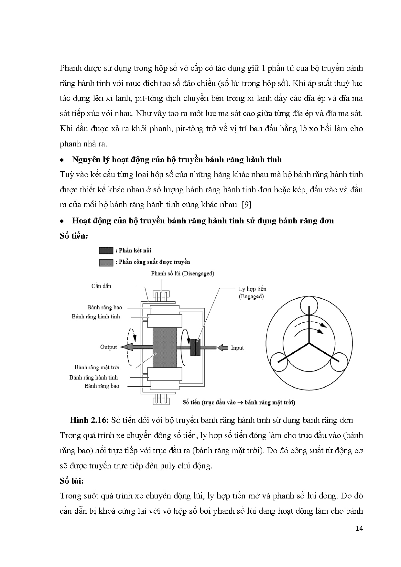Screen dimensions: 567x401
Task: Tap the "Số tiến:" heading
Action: tap(74, 236)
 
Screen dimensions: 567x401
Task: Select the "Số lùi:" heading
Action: tap(71, 481)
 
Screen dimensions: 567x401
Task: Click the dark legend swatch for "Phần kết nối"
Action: tap(106, 251)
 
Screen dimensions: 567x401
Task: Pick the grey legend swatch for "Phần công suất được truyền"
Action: tap(106, 262)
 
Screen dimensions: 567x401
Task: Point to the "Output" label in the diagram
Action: tap(108, 347)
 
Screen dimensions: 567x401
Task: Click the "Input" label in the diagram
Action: tap(237, 348)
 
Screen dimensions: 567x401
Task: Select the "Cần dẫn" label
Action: tap(101, 286)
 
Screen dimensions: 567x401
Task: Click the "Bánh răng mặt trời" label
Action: tap(97, 367)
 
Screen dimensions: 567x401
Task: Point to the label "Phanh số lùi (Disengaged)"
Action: tap(182, 273)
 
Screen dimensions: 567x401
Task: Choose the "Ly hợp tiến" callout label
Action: tap(252, 289)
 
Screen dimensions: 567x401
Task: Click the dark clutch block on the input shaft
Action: tap(195, 348)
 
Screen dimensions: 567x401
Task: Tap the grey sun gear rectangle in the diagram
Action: tap(165, 348)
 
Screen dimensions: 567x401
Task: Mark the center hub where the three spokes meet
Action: tap(309, 343)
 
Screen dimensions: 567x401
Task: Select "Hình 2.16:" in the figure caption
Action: tap(89, 420)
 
